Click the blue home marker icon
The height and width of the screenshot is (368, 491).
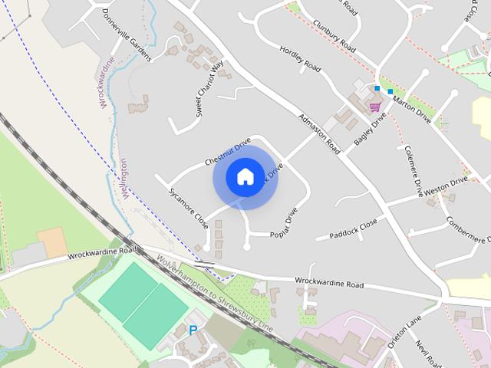[x=245, y=176]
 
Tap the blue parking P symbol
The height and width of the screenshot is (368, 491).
[x=193, y=330]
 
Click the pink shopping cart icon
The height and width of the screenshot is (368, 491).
[x=375, y=107]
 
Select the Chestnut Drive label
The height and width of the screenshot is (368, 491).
[x=228, y=152]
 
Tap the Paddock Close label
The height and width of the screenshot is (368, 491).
[x=352, y=228]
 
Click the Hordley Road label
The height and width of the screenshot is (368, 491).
[x=300, y=58]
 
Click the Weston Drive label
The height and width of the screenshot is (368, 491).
[x=446, y=186]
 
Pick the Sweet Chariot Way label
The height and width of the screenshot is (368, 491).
[x=209, y=87]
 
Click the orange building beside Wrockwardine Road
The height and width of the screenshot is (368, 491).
[x=53, y=242]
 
